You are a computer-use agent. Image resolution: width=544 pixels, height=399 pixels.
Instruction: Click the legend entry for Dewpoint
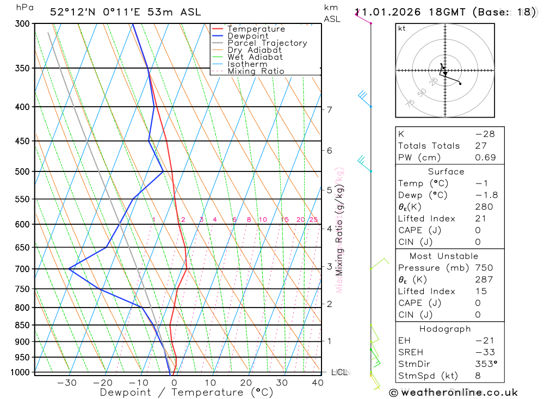pyautogui.click(x=248, y=36)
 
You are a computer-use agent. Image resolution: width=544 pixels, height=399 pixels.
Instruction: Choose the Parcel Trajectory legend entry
pyautogui.click(x=267, y=43)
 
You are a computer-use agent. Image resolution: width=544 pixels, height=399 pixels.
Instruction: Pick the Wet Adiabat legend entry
pyautogui.click(x=255, y=57)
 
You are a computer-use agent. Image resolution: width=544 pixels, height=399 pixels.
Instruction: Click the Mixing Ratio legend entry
pyautogui.click(x=256, y=71)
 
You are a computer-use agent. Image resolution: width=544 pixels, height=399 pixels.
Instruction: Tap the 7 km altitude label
pyautogui.click(x=330, y=109)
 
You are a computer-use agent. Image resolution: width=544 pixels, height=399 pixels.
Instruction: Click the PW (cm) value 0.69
pyautogui.click(x=485, y=157)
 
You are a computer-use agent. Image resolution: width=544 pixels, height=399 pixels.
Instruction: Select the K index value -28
pyautogui.click(x=484, y=134)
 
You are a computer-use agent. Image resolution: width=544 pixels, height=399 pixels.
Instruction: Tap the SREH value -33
pyautogui.click(x=484, y=352)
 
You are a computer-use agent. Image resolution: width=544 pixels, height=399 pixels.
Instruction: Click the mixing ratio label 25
pyautogui.click(x=313, y=219)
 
